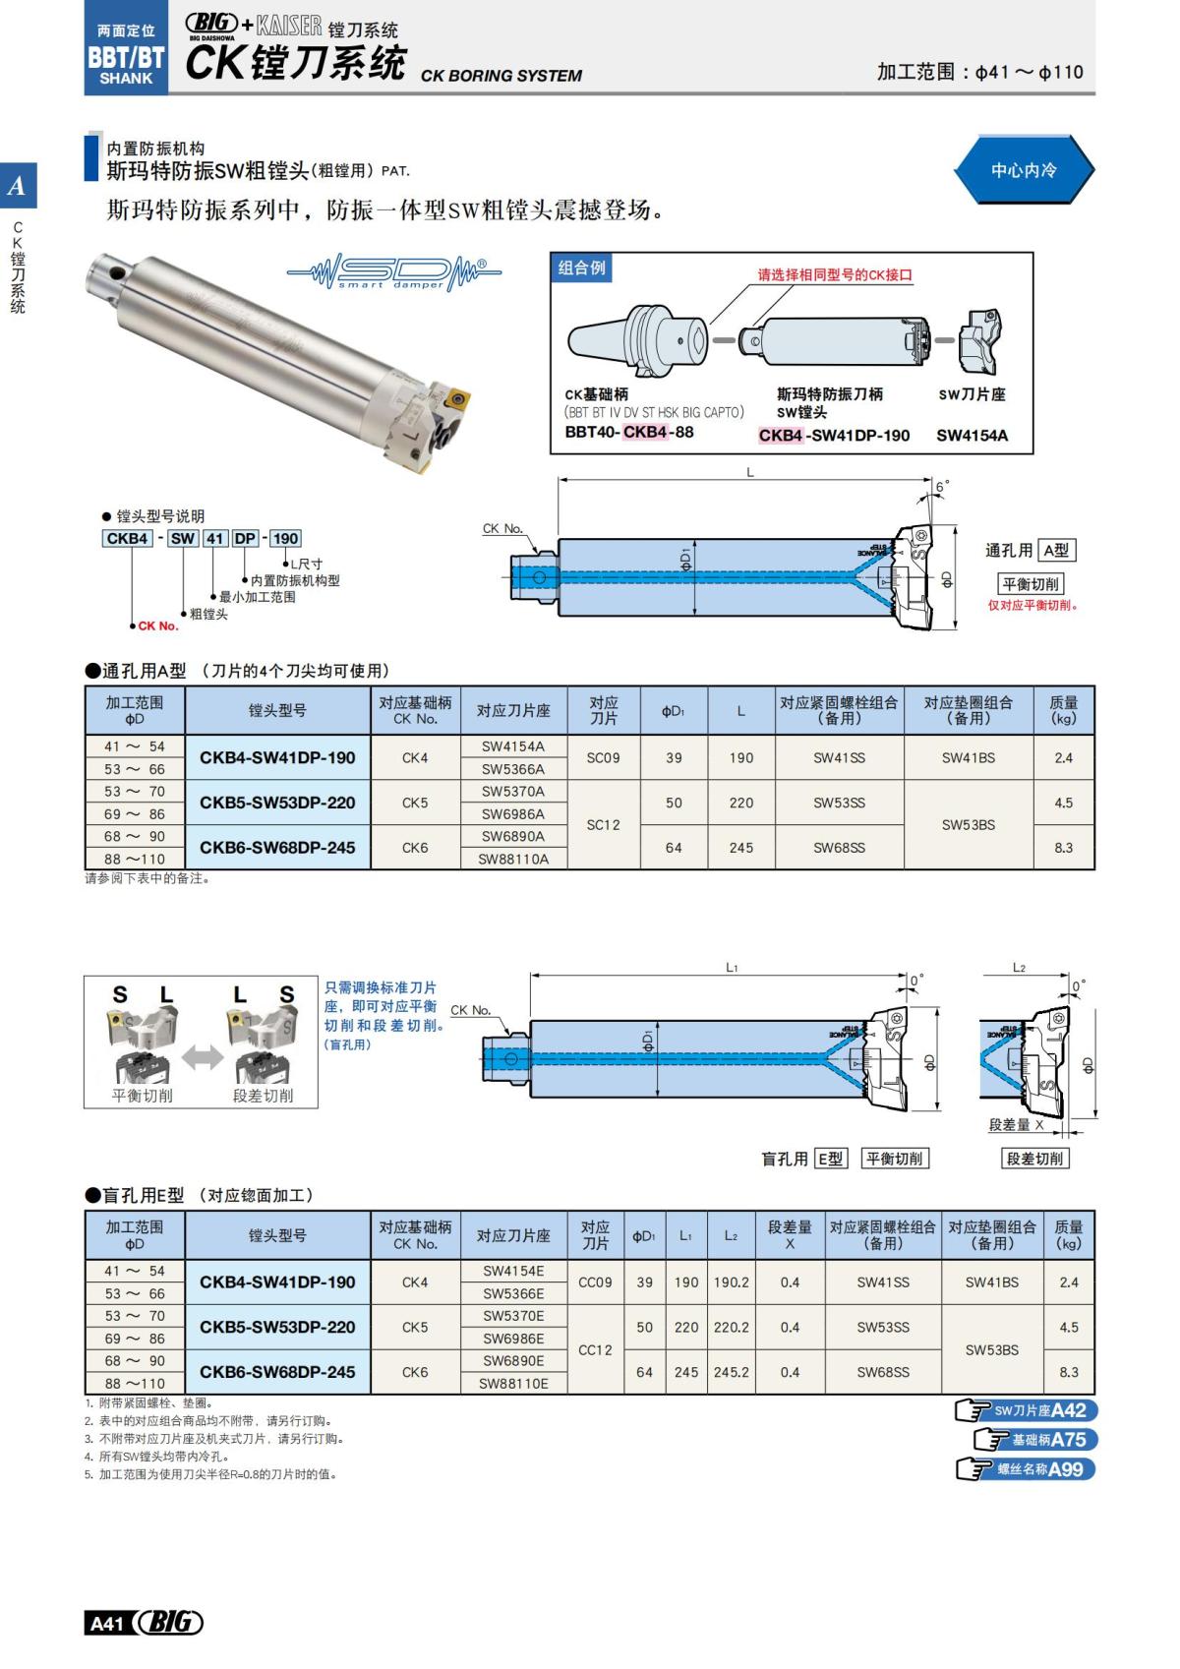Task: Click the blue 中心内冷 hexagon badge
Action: click(x=1023, y=170)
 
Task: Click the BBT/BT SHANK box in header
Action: click(x=126, y=61)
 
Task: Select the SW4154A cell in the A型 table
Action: click(x=512, y=746)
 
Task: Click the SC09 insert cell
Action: click(x=603, y=757)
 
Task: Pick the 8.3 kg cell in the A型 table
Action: click(x=1063, y=847)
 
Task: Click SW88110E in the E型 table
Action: click(x=512, y=1383)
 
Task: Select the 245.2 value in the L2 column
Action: click(x=731, y=1372)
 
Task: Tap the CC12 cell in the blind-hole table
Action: click(x=595, y=1349)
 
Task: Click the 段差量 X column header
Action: click(x=790, y=1234)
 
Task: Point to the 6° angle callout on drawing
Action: click(x=941, y=487)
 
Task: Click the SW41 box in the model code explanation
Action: click(x=198, y=538)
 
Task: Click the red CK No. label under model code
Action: click(x=157, y=626)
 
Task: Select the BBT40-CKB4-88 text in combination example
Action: click(x=629, y=432)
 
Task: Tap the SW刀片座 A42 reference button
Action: click(x=1027, y=1410)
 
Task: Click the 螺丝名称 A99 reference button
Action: click(x=1027, y=1469)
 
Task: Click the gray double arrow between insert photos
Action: click(x=202, y=1058)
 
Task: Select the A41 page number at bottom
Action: click(x=106, y=1623)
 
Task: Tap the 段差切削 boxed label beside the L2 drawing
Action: click(x=1034, y=1159)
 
